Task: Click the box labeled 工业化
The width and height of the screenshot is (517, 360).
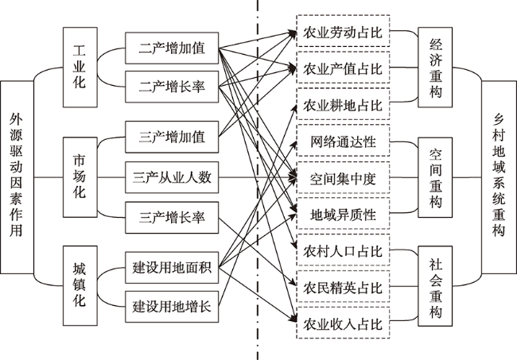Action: (80, 68)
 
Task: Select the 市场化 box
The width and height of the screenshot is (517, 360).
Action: (80, 177)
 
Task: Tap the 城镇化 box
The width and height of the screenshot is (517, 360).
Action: (80, 285)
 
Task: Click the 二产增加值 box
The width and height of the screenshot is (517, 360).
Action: (172, 48)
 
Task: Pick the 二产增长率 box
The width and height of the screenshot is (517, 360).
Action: (172, 87)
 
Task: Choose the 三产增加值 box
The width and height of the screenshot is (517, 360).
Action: (172, 137)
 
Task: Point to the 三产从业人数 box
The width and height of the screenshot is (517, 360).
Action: (172, 177)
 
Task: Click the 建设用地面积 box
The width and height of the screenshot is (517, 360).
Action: (172, 267)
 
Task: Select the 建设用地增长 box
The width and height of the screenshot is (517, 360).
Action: (172, 307)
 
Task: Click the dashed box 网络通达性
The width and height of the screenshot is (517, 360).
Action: (343, 141)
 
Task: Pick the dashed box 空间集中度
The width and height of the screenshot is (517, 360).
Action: (343, 177)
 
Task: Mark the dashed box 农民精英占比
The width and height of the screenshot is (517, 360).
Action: (343, 287)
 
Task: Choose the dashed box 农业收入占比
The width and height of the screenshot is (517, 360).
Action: (343, 323)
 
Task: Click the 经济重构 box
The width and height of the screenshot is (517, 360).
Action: (435, 68)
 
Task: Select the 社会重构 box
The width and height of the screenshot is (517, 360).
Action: (435, 286)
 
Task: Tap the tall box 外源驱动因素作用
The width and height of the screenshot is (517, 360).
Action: (17, 177)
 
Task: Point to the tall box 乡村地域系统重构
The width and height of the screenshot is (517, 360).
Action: (500, 177)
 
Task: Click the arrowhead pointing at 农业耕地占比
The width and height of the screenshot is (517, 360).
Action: (294, 108)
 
